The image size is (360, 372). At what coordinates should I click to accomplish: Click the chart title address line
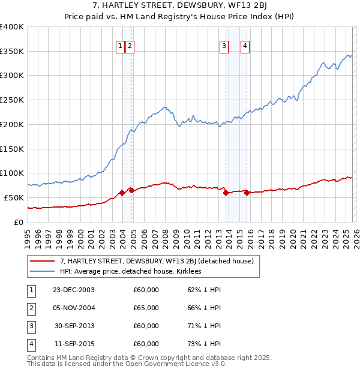[x=180, y=6]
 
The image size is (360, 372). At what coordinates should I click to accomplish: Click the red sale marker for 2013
[x=226, y=193]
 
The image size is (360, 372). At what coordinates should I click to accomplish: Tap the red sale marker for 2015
[x=247, y=193]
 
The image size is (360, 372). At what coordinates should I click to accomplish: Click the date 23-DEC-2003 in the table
[x=73, y=290]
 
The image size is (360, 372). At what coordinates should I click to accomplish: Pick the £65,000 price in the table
[x=146, y=308]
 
